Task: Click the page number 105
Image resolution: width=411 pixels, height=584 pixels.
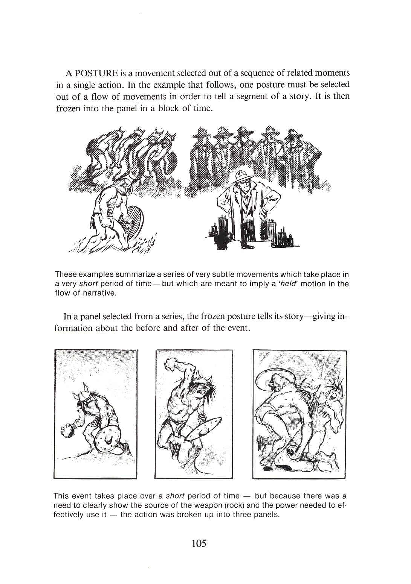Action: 199,544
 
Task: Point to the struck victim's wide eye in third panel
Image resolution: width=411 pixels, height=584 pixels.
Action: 332,396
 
